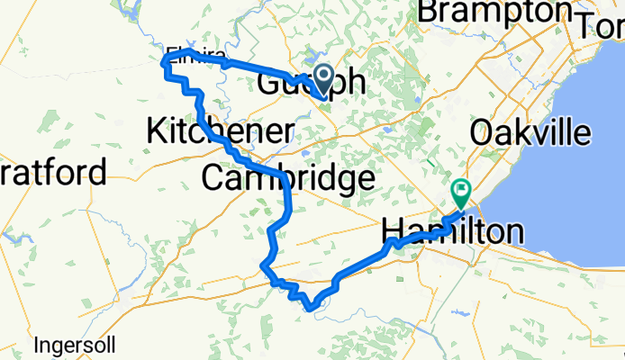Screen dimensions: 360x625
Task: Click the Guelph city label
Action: (312, 84)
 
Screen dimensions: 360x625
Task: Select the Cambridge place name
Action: (287, 177)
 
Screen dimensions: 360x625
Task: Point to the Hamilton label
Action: (453, 230)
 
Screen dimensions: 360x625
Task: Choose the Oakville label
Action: (530, 133)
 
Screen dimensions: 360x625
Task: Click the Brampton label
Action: (495, 12)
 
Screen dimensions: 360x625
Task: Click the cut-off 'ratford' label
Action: (53, 171)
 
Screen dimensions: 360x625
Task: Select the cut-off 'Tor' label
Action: (604, 25)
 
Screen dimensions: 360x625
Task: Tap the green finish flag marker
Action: (461, 190)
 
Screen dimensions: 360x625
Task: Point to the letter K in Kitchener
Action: (157, 131)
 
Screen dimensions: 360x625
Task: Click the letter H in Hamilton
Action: (394, 230)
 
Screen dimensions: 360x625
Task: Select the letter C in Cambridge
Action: (213, 177)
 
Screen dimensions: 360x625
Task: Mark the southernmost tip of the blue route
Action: (310, 309)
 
